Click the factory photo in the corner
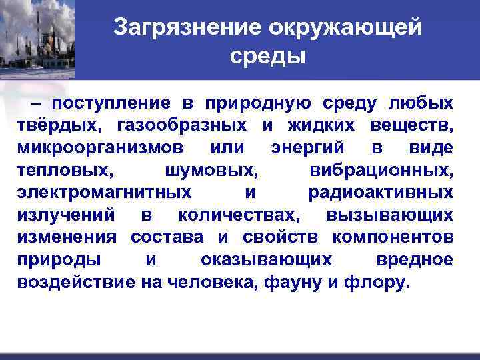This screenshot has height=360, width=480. (x=37, y=39)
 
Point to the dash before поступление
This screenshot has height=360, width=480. (x=35, y=103)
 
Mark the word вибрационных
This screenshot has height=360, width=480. (x=381, y=169)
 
